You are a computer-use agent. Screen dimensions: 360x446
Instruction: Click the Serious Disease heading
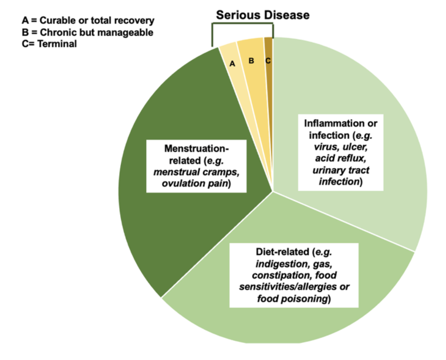tap(262, 15)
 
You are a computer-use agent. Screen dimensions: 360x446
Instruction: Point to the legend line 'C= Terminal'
tap(43, 43)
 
